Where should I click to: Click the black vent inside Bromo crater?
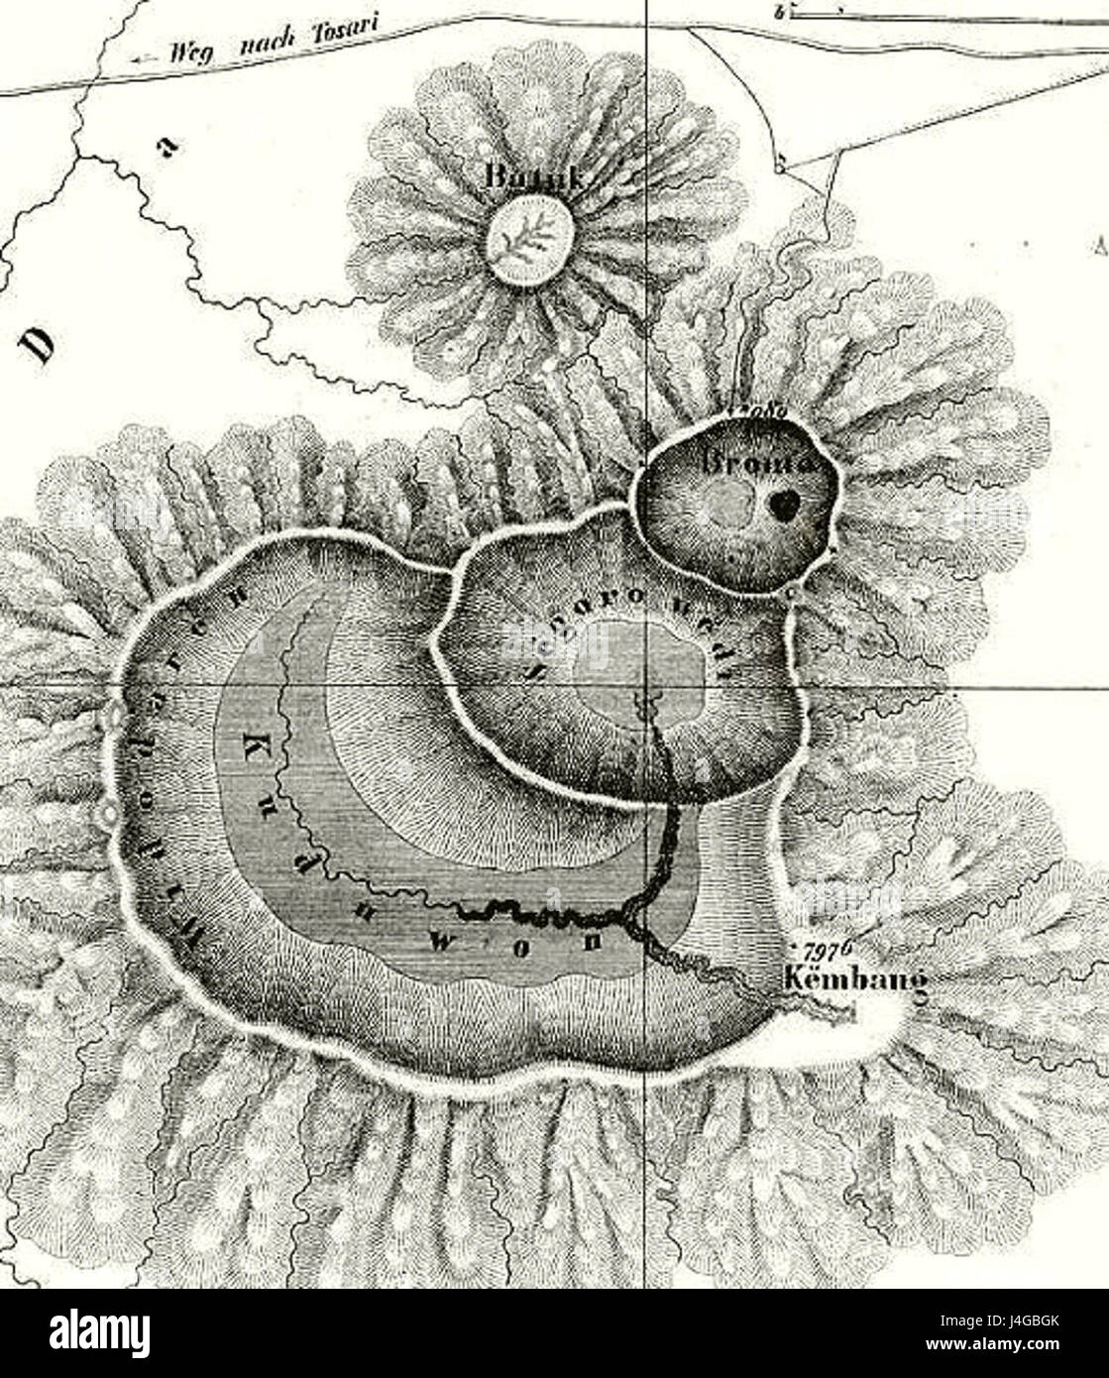click(x=783, y=506)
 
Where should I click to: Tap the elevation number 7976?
click(x=831, y=947)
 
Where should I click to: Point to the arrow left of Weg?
click(x=145, y=59)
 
